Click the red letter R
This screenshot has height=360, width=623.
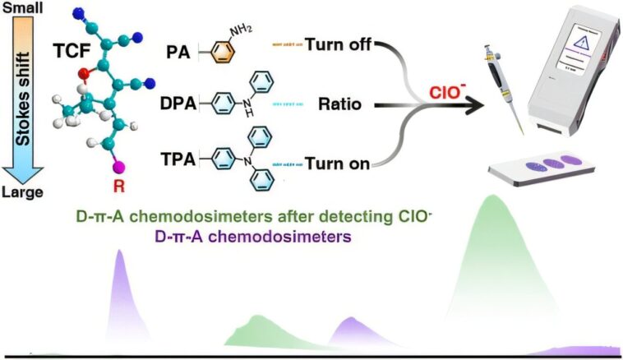click(118, 187)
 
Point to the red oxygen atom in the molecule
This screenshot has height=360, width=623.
click(84, 76)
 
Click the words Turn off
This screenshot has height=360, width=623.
click(339, 46)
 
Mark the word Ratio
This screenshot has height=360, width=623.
click(339, 105)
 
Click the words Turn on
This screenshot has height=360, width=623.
click(338, 163)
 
